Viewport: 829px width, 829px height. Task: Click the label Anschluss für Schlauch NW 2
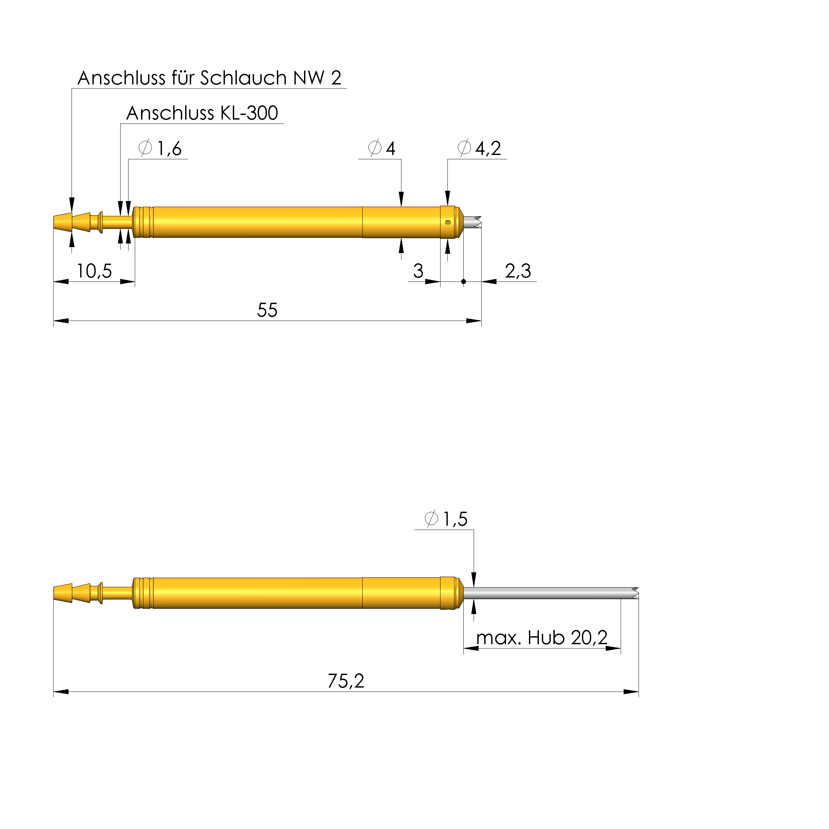(x=209, y=78)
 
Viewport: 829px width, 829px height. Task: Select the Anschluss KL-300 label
(x=202, y=114)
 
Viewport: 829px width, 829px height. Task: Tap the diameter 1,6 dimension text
(x=160, y=148)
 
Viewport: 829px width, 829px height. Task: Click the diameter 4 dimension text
(x=382, y=148)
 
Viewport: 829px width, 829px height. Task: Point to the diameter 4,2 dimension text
(x=479, y=148)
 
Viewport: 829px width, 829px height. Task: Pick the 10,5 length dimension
(x=94, y=272)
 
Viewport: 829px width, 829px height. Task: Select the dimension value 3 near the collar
(x=418, y=271)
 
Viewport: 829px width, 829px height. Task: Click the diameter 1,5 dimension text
(x=446, y=519)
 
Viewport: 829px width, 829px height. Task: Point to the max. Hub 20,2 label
(x=542, y=638)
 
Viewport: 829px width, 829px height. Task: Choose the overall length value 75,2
(x=345, y=681)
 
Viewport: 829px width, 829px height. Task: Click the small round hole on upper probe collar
(x=448, y=222)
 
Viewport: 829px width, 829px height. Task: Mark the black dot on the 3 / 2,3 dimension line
(x=463, y=282)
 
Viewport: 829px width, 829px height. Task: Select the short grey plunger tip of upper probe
(x=472, y=222)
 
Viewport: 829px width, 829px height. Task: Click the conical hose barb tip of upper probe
(x=63, y=222)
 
